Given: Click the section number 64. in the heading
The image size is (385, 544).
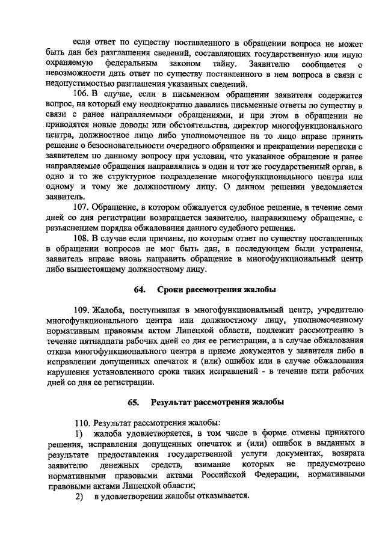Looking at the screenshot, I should coord(140,290).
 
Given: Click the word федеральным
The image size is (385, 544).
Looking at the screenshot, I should coord(127,63).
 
